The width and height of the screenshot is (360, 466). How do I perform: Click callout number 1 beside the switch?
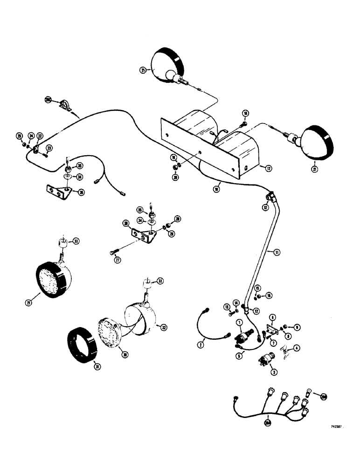pyautogui.click(x=239, y=322)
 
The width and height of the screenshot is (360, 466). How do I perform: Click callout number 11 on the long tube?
pyautogui.click(x=277, y=252)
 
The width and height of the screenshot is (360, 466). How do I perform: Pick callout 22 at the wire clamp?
pyautogui.click(x=40, y=136)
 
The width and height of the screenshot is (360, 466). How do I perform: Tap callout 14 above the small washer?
pyautogui.click(x=236, y=303)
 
